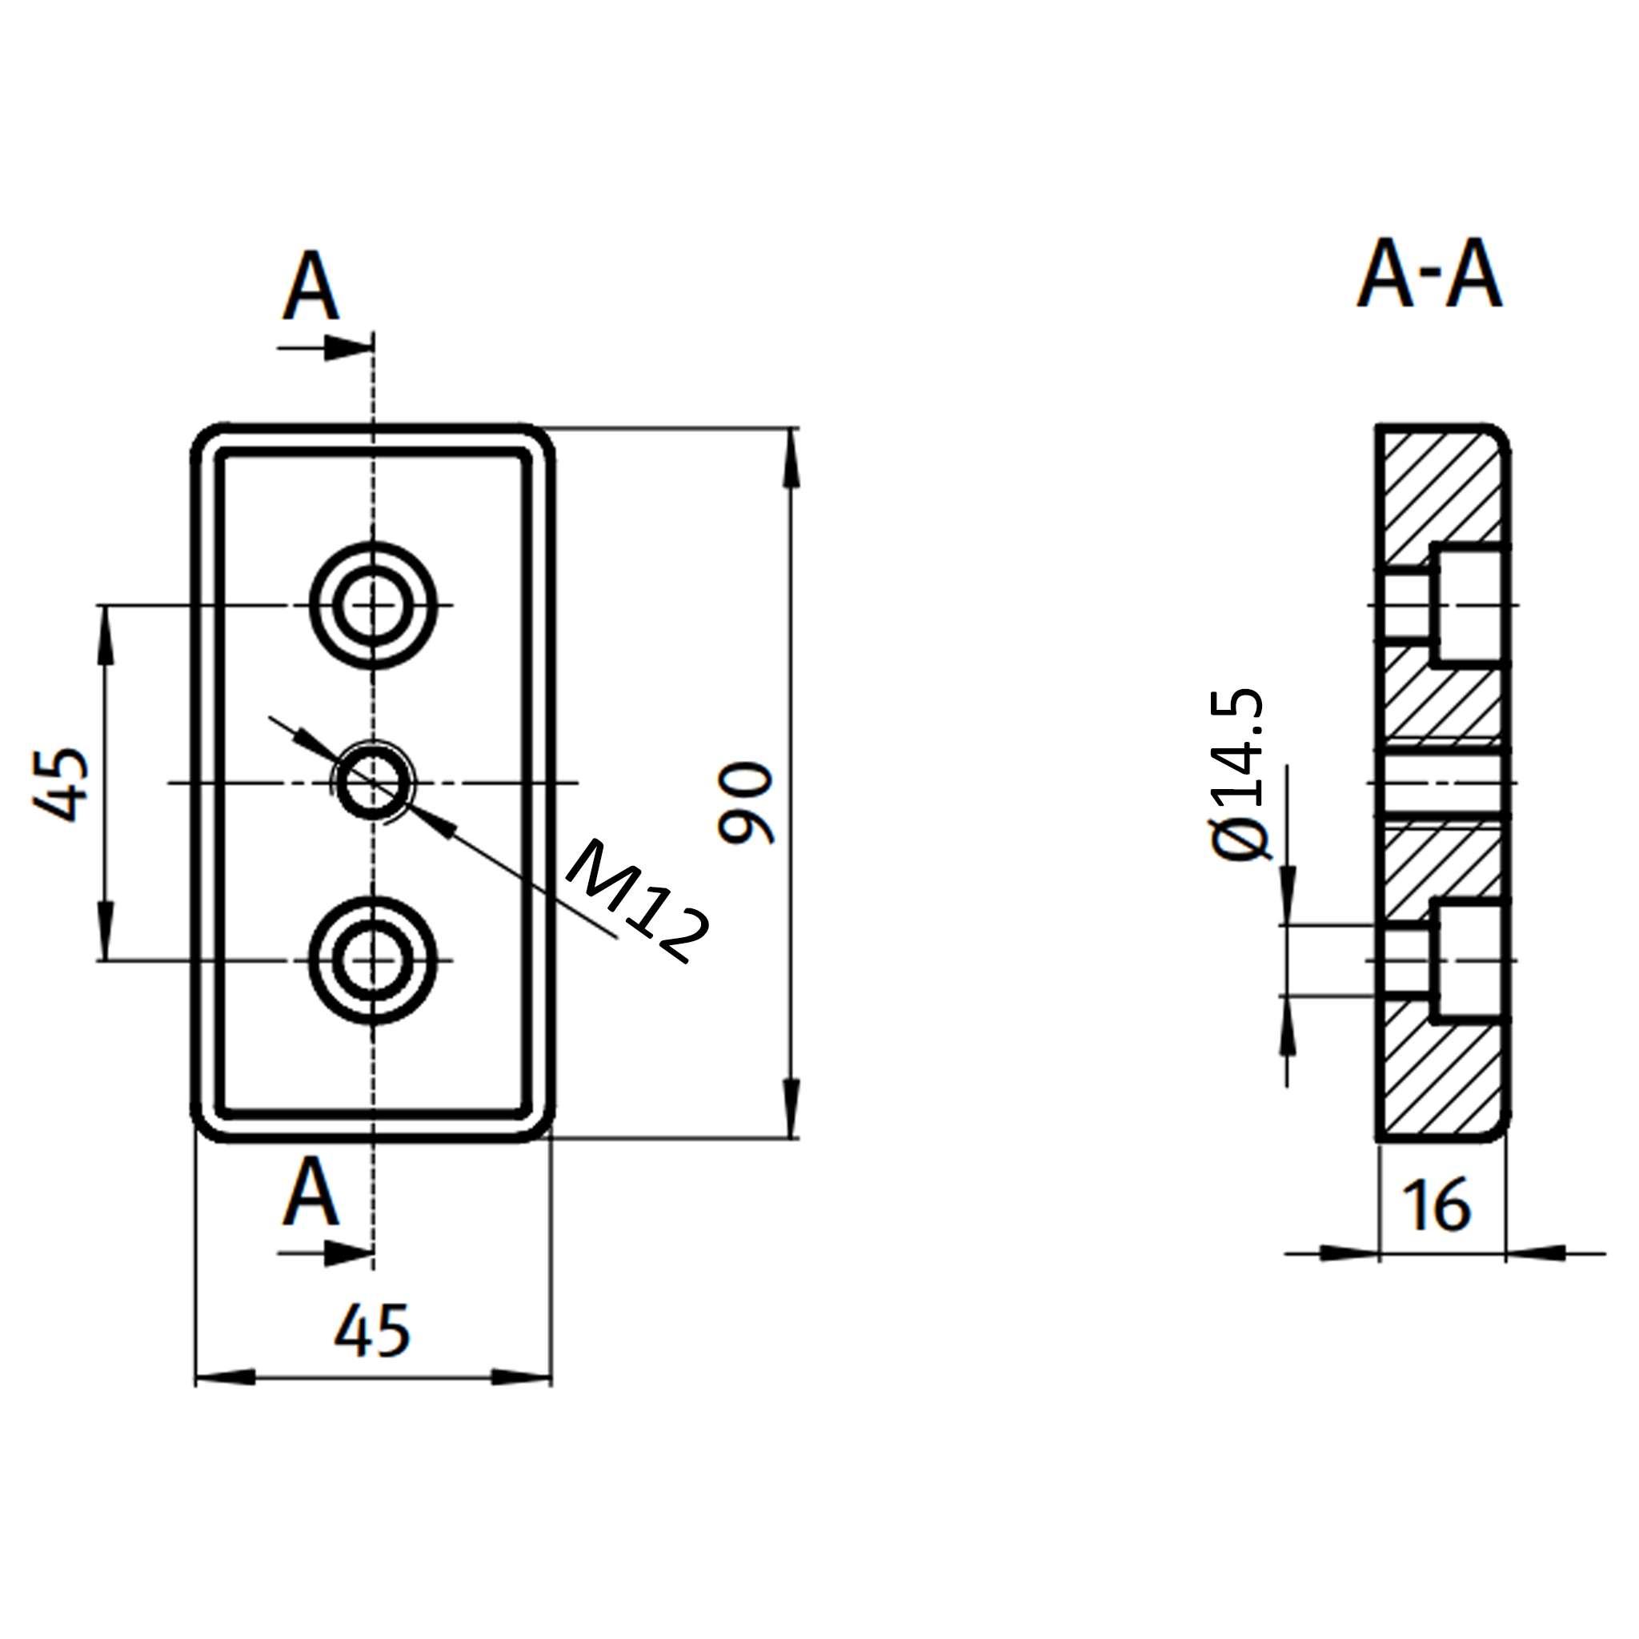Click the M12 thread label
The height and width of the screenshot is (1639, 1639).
point(637,901)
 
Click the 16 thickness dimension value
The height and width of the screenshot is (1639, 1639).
point(1437,1205)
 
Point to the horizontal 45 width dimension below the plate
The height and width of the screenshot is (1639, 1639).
point(372,1329)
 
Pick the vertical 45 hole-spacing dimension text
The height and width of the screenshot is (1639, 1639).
point(61,785)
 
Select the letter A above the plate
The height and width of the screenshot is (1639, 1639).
point(311,285)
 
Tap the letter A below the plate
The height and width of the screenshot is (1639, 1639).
point(311,1191)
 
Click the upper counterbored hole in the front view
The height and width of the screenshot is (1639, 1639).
point(373,605)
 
